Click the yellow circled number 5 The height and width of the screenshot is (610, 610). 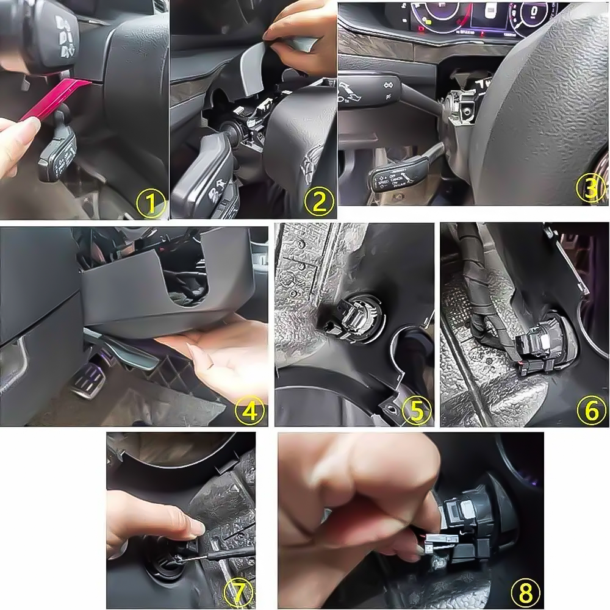tap(416, 411)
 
